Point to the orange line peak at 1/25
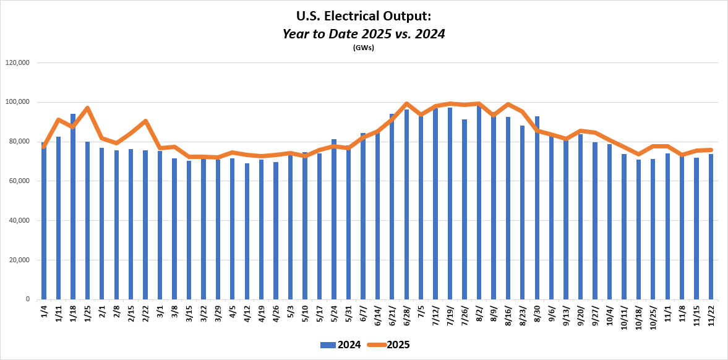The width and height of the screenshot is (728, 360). tap(87, 108)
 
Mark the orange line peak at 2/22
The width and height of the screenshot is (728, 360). tap(145, 121)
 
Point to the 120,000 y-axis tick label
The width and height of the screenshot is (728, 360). tap(17, 62)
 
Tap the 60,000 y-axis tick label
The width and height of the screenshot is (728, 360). tap(19, 181)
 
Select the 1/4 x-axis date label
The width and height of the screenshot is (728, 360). tap(44, 311)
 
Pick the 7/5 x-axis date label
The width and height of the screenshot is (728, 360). tap(421, 311)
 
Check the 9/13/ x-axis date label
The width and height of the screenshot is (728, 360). tap(566, 314)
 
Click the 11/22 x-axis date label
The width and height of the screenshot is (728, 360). tap(711, 313)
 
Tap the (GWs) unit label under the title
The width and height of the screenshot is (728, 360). tap(364, 48)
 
